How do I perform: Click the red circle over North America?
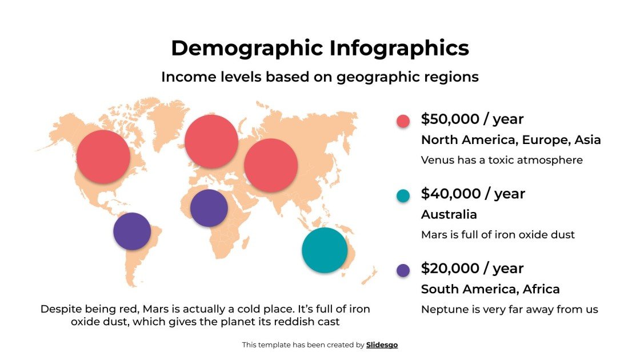(x=103, y=157)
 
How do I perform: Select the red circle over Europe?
(x=211, y=142)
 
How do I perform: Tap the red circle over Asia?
(x=271, y=165)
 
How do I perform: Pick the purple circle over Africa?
(x=209, y=208)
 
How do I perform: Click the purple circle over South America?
(x=132, y=231)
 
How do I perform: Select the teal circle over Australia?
(x=325, y=250)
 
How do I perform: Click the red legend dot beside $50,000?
(x=403, y=121)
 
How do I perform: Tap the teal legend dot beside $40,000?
(x=403, y=195)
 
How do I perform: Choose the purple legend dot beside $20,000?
(x=403, y=270)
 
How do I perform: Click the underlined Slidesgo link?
(x=382, y=345)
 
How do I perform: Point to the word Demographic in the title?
(x=247, y=48)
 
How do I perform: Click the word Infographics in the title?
(x=399, y=48)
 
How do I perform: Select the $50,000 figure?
(x=446, y=119)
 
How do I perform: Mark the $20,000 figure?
(x=446, y=268)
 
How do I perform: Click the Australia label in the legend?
(x=449, y=214)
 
